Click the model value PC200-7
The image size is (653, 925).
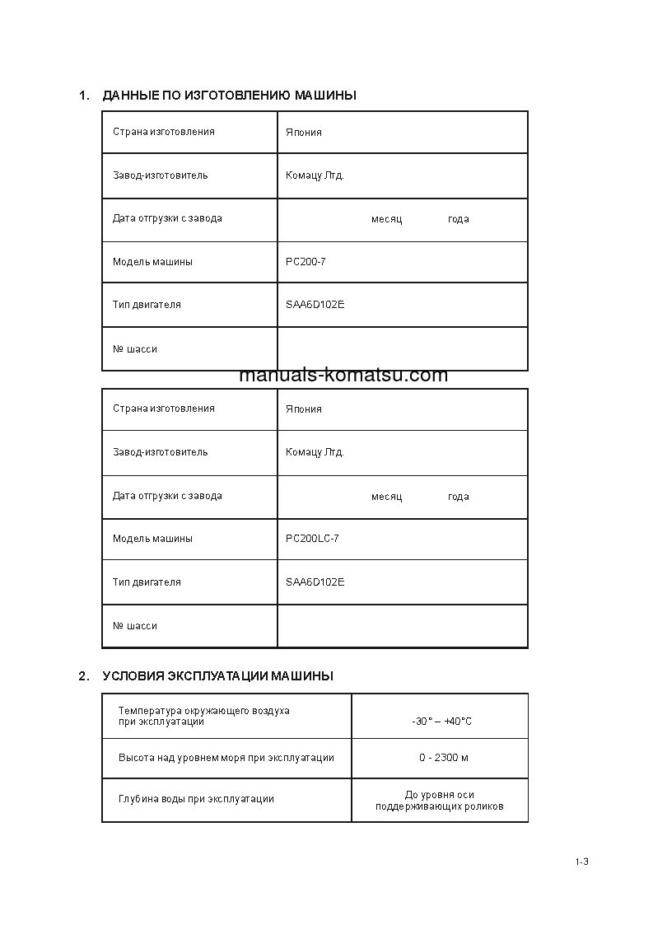tap(306, 262)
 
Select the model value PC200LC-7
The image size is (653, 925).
tap(312, 539)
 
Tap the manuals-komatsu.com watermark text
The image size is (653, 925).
tap(343, 376)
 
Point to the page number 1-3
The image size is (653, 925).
tap(582, 862)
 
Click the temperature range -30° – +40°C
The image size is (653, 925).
tap(441, 722)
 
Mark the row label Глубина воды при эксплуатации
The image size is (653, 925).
tap(196, 799)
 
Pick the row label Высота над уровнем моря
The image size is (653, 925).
tap(226, 758)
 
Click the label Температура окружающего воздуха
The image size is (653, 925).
tap(203, 711)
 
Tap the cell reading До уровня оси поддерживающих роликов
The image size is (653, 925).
tap(439, 801)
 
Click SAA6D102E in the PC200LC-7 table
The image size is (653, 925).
tap(315, 582)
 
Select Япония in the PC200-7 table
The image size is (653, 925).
tap(303, 133)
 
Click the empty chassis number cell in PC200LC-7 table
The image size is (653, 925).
tap(402, 626)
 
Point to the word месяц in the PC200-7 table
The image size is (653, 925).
tap(386, 219)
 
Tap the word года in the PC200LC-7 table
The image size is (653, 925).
tap(458, 497)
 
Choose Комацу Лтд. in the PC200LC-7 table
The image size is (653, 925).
tap(315, 452)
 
